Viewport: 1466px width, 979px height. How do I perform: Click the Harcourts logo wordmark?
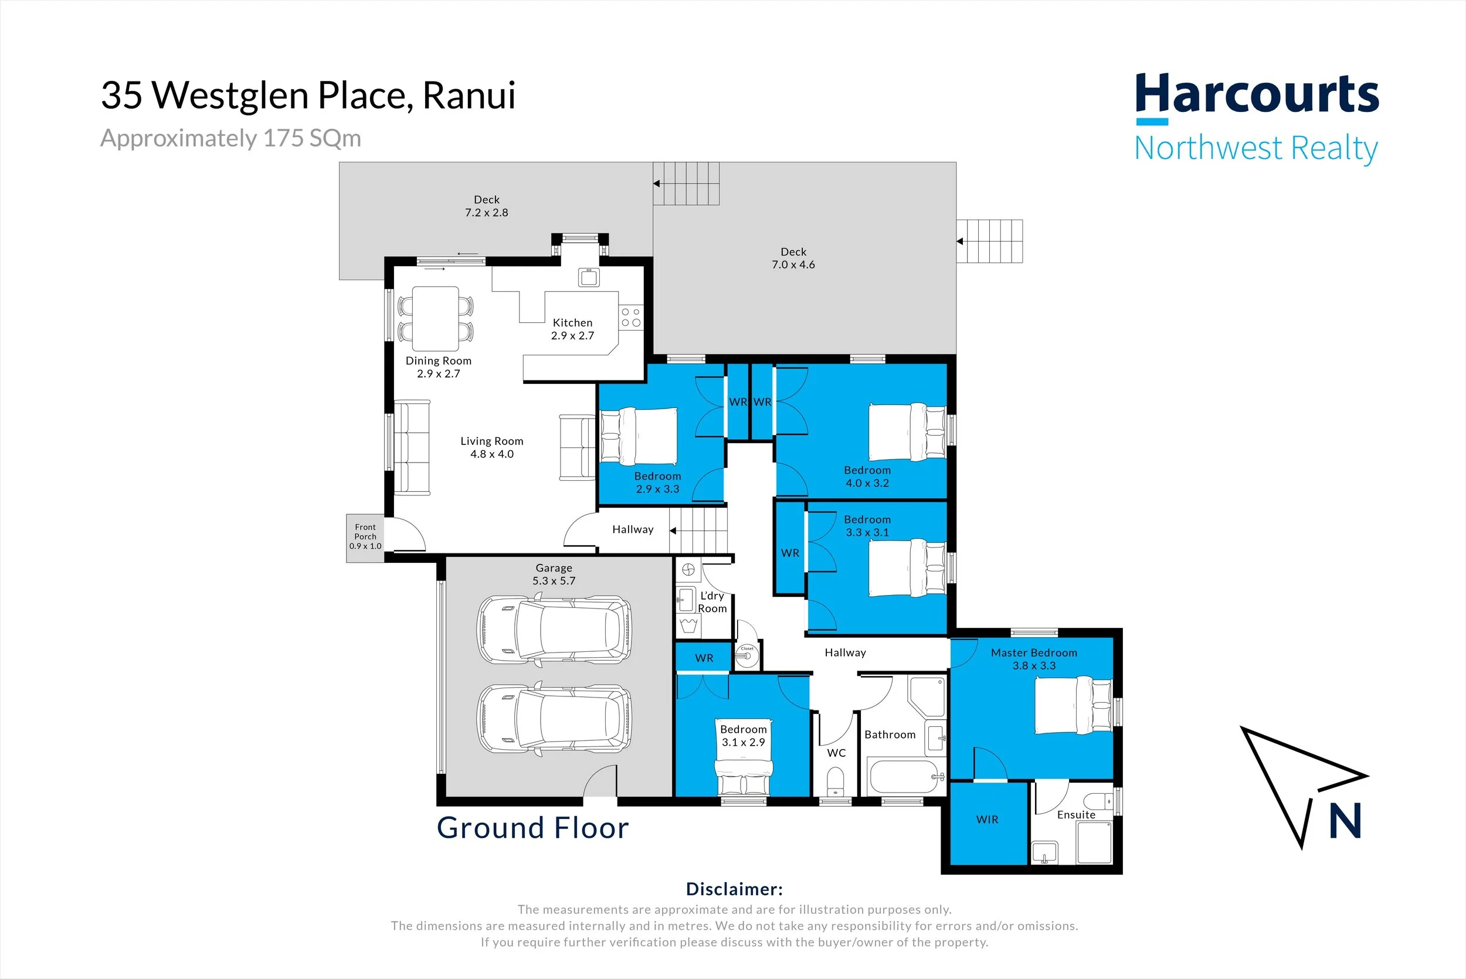(x=1256, y=94)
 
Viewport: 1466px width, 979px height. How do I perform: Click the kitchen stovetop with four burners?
(x=630, y=317)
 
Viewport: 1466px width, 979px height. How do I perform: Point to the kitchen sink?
(x=588, y=277)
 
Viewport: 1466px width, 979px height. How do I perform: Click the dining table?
(x=435, y=318)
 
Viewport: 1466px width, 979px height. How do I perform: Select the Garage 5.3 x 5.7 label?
(x=554, y=575)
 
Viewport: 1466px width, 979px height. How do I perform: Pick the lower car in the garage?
(x=554, y=719)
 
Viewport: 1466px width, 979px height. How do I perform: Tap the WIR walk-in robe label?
(x=987, y=819)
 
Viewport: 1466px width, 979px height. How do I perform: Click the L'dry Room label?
(x=712, y=602)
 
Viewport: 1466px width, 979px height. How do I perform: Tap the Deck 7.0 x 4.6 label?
(x=793, y=258)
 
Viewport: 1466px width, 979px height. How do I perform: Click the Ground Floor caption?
(x=532, y=828)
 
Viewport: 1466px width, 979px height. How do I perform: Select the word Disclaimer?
(x=734, y=889)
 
